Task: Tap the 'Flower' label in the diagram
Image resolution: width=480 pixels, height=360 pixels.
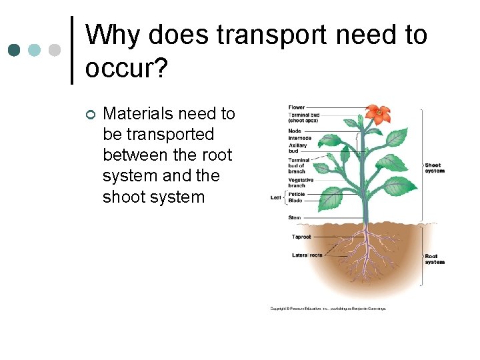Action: point(297,107)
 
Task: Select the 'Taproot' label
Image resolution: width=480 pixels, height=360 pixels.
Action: point(301,237)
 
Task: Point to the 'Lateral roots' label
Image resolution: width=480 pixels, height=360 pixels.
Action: point(307,255)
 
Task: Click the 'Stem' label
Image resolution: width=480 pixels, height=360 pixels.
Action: point(294,217)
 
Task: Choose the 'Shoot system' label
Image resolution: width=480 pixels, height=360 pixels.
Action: point(434,168)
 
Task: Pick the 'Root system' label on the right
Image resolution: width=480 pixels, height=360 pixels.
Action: point(434,259)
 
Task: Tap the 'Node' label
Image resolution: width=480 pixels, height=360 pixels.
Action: point(295,131)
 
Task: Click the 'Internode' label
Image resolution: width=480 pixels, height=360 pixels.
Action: point(300,138)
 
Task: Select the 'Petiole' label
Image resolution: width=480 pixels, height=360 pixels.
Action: point(297,194)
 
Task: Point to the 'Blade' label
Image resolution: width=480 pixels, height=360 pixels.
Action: point(295,200)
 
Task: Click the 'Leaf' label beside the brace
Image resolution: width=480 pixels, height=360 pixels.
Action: point(275,197)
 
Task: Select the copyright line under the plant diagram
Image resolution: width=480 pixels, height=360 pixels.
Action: point(327,309)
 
